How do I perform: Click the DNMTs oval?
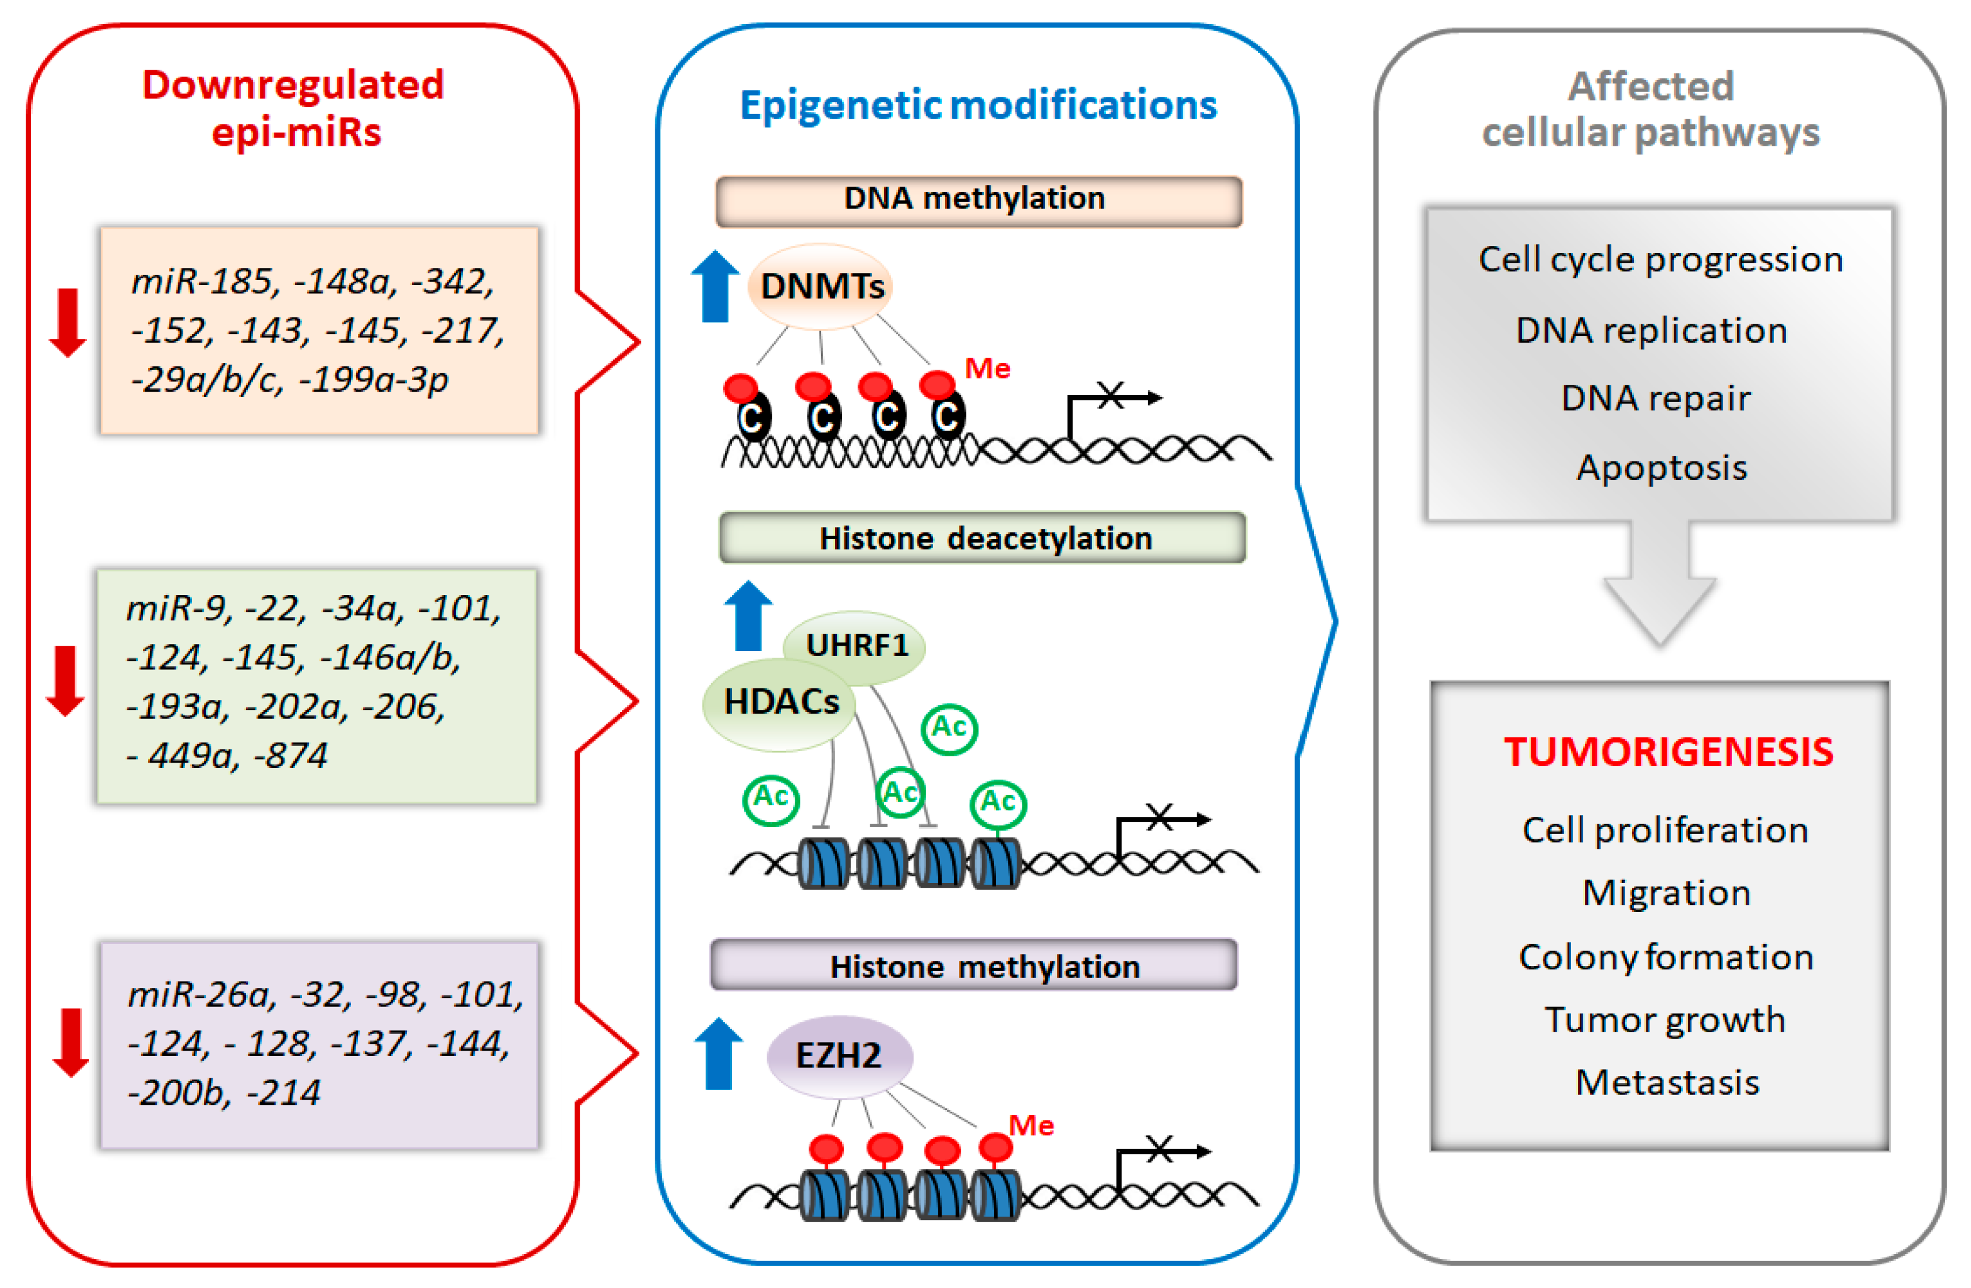820,286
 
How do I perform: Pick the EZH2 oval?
839,1055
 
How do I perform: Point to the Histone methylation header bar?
974,965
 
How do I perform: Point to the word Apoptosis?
1660,468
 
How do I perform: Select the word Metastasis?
1666,1083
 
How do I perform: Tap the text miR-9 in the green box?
175,608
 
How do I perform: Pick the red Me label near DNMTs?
987,368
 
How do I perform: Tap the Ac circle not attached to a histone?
949,729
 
